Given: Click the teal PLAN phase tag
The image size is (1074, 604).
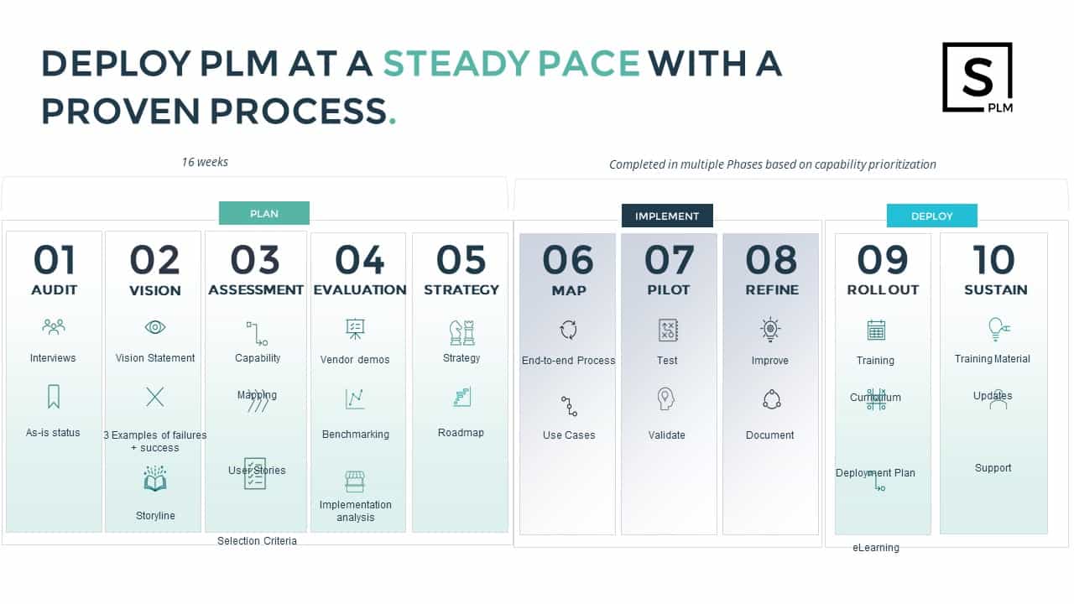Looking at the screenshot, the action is point(264,213).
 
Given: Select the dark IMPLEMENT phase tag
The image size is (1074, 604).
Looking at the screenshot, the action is point(667,216).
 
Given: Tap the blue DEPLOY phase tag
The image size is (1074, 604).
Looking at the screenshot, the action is point(931,216).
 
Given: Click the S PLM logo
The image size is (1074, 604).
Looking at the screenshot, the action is point(978,78).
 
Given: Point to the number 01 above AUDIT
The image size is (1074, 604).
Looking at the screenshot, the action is point(55,260).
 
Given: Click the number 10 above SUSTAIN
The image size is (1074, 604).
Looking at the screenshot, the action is point(994,260).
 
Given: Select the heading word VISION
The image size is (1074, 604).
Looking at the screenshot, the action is point(155,290).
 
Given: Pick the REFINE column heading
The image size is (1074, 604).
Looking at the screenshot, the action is point(772,290).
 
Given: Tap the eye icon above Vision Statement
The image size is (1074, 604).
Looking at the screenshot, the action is point(155,327).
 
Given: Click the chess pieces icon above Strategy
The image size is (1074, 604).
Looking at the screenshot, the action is point(461,333).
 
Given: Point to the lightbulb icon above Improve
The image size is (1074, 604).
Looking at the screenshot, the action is point(770,330).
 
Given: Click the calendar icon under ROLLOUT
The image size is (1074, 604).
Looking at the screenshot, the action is point(876,330).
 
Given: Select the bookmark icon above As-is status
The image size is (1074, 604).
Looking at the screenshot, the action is point(54,397).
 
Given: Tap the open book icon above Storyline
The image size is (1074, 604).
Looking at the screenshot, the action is point(155,478).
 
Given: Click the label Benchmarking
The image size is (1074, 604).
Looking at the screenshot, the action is point(355,435).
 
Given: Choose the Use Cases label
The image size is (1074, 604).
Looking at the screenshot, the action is point(569,435).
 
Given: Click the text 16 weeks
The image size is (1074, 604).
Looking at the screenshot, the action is point(205,162).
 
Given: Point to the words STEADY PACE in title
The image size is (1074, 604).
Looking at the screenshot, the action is point(511,64).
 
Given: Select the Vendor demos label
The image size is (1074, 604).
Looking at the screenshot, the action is point(355,360).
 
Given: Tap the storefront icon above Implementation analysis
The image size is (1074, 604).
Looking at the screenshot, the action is point(355,482).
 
